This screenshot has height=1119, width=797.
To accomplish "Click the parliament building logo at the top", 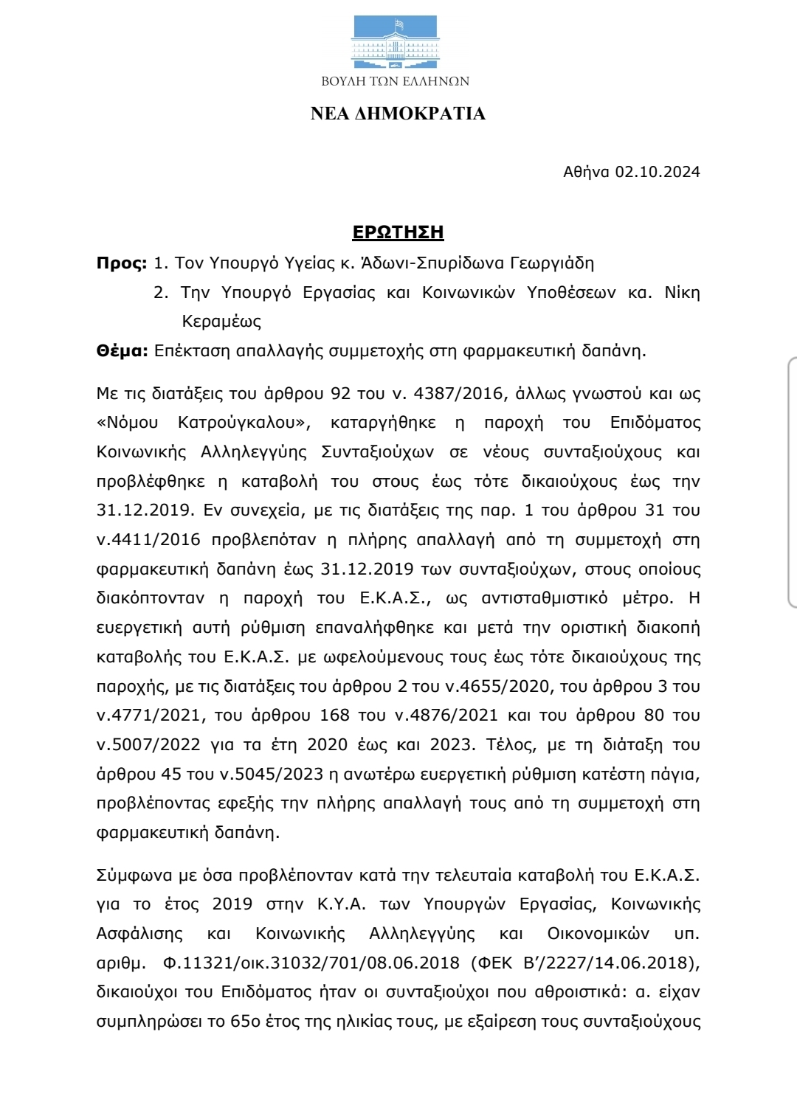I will [x=396, y=43].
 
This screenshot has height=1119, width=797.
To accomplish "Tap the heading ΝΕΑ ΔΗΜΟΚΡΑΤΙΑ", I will [x=398, y=114].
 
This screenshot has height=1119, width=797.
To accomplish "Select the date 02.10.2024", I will [x=658, y=172].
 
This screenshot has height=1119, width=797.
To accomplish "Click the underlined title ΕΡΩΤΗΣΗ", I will [x=398, y=232].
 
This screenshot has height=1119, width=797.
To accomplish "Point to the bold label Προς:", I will [x=122, y=263].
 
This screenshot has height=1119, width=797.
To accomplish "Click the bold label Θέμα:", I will [x=123, y=351].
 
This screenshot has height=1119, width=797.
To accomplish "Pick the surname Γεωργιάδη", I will [x=552, y=263].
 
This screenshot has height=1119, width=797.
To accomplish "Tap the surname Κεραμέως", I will [x=221, y=322].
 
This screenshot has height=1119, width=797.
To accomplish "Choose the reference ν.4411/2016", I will [x=148, y=540].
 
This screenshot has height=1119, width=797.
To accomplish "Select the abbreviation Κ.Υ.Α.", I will [x=340, y=905].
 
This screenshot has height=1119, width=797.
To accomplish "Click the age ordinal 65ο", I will [x=245, y=1022].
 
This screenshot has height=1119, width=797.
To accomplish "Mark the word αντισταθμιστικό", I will [x=545, y=598].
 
